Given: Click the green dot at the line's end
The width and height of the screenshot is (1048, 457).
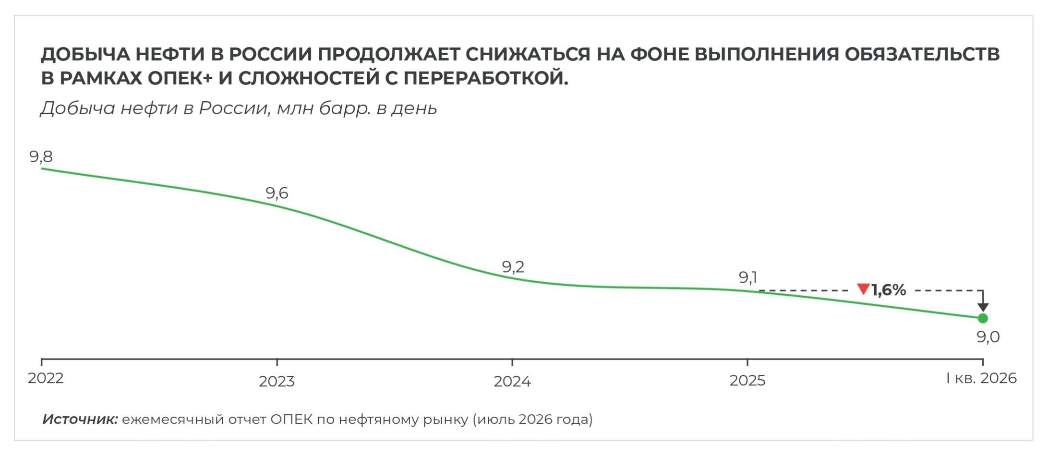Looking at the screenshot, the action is pos(982,318).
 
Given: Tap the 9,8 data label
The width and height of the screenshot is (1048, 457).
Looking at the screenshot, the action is pos(41,156).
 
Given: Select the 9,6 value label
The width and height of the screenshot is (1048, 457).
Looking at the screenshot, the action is pos(277,193).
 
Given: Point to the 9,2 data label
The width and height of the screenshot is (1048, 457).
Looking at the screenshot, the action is pos(513,266).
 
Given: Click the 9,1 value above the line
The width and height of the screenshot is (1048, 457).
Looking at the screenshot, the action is pos(747,277).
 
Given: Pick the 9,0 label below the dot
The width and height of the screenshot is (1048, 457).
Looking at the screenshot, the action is pos(988,337).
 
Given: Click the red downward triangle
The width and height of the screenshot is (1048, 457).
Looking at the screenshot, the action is pos(863,289).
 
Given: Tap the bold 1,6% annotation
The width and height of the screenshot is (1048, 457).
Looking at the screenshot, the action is pos(889,290).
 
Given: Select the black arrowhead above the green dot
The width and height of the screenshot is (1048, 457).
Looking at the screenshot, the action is pos(983,307).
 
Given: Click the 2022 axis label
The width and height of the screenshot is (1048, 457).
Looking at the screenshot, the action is pos(46,378).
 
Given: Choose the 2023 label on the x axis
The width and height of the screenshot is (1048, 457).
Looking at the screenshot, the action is pos(277,382).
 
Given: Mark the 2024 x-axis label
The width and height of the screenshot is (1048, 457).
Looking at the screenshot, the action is pos(512,382).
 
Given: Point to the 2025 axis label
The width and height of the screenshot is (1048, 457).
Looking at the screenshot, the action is pos(747,381).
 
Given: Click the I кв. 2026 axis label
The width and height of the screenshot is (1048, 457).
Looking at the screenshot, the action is pos(981,378).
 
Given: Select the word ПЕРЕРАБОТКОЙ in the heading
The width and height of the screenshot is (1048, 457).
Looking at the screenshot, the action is pos(486,78).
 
